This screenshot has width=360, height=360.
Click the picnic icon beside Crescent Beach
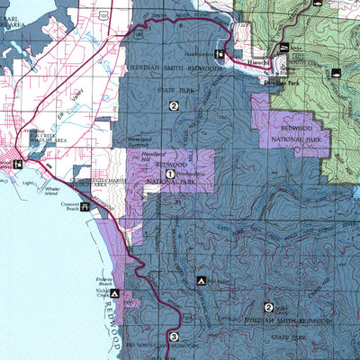[x=85, y=206]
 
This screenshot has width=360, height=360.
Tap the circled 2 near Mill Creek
[x=268, y=307]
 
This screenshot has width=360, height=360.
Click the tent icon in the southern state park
[x=201, y=281]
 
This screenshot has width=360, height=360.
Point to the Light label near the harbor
[x=28, y=183]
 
